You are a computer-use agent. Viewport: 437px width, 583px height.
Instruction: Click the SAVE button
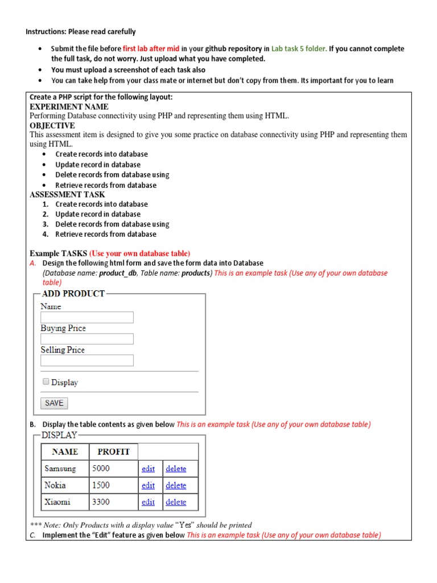click(54, 403)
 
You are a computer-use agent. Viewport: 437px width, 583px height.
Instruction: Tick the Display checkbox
click(46, 382)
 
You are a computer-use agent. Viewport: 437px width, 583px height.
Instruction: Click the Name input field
click(87, 318)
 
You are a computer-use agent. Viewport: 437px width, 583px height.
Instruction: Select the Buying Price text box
click(87, 339)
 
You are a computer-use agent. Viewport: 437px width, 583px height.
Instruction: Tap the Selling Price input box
click(87, 360)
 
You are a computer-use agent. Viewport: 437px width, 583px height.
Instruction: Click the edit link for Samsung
click(148, 469)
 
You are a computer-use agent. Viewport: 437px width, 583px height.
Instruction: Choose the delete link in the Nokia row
click(176, 485)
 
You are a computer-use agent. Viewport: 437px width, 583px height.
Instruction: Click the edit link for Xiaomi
click(148, 502)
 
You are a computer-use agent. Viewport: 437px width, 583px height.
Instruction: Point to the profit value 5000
click(101, 469)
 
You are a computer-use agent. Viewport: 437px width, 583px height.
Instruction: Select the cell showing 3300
click(101, 502)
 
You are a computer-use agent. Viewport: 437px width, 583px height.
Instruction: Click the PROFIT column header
click(113, 452)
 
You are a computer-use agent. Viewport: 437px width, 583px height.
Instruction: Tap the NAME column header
click(65, 452)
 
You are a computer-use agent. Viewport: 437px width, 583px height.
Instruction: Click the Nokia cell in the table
click(55, 485)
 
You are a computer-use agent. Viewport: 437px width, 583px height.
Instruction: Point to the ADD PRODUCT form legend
click(73, 294)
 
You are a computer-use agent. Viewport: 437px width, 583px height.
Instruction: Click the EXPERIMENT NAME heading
click(69, 106)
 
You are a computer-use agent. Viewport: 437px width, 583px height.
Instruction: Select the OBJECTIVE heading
click(52, 125)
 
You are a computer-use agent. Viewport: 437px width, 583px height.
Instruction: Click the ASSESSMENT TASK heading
click(67, 194)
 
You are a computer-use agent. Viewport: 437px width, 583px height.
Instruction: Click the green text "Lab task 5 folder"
click(299, 49)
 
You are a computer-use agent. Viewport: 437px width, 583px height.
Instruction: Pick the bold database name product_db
click(118, 273)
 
